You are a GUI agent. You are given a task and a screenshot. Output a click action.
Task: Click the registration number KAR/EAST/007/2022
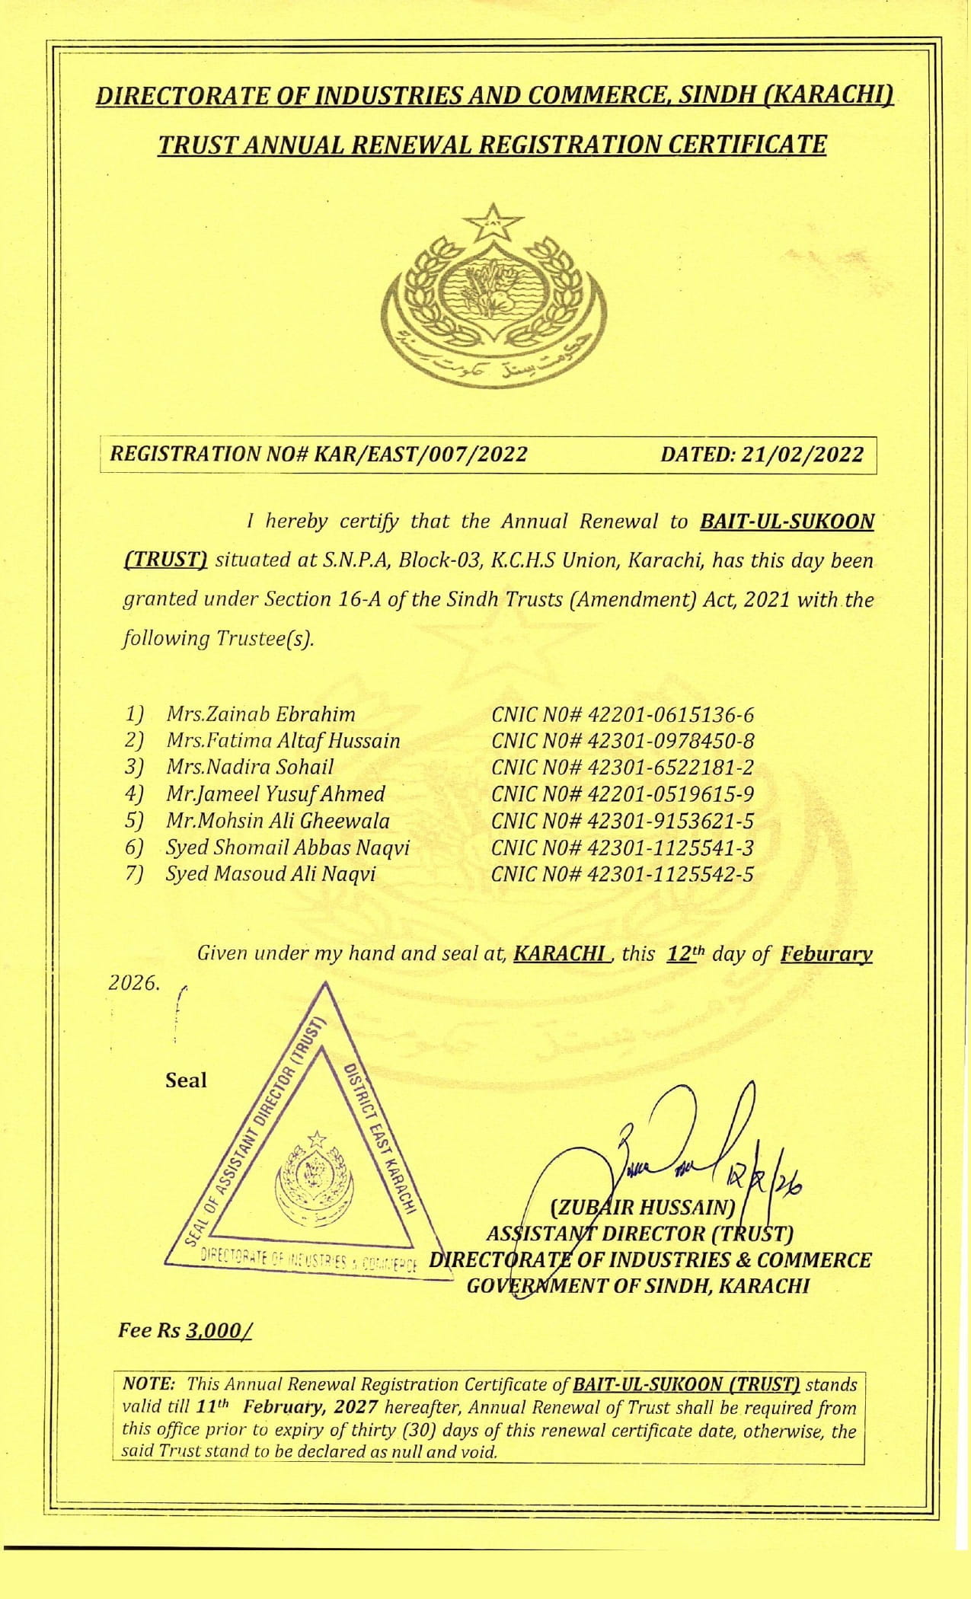(x=420, y=455)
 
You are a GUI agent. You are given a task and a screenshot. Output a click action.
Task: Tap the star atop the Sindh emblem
(x=493, y=222)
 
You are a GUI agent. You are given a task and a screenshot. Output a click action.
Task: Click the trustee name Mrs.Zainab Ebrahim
(x=260, y=714)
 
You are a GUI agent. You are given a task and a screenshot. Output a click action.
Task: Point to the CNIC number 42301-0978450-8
(x=670, y=741)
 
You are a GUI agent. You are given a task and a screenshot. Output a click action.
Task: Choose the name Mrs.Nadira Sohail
(x=250, y=767)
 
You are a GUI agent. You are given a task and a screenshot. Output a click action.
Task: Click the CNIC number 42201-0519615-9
(x=670, y=794)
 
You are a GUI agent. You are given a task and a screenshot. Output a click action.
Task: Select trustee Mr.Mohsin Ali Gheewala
(x=278, y=821)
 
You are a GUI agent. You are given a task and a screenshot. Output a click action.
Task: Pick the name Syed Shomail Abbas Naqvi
(x=288, y=847)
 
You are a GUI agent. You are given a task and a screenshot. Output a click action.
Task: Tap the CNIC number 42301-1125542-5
(x=670, y=874)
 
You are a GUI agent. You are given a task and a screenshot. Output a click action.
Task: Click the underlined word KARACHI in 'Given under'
(x=561, y=953)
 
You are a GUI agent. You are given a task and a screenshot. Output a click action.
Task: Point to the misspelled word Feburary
(x=826, y=954)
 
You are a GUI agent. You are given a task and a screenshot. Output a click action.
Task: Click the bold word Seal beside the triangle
(x=186, y=1080)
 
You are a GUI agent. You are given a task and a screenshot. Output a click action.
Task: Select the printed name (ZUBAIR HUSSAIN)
(x=641, y=1208)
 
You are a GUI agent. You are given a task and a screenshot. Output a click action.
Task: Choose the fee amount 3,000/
(x=219, y=1330)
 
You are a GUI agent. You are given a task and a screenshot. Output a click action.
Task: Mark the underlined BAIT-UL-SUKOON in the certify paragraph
(x=787, y=522)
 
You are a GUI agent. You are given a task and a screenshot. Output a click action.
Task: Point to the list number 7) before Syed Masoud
(x=135, y=874)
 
